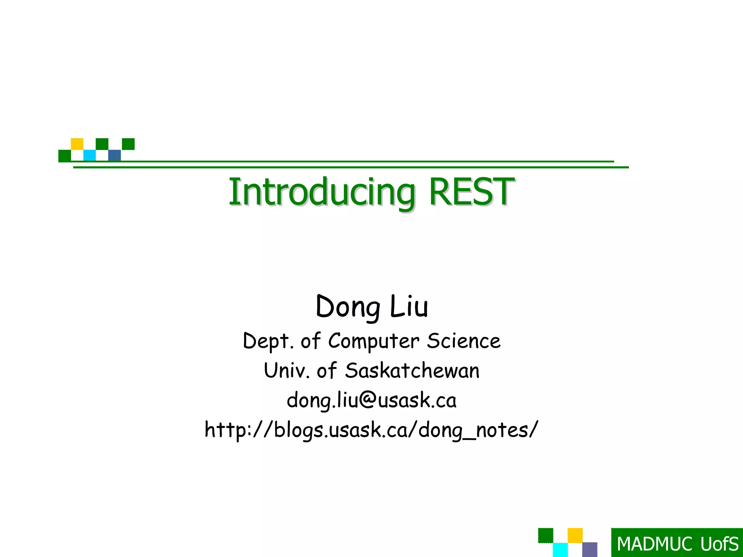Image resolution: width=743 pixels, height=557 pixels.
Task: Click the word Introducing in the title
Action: coord(321,192)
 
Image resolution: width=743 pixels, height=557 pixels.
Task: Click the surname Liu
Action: coord(409,307)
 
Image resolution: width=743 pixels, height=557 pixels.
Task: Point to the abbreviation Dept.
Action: coord(268,341)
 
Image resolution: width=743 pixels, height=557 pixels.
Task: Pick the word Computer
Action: coord(374,341)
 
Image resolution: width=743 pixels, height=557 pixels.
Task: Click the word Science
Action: coord(464,341)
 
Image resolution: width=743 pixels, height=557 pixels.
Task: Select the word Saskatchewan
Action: coord(412,371)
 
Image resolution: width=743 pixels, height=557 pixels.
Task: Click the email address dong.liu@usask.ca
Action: coord(371,400)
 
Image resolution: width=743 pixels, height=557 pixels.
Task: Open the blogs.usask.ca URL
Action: coord(371,430)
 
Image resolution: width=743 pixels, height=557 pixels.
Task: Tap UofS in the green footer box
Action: coord(719,544)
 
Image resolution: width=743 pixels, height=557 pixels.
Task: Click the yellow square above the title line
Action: coord(77,144)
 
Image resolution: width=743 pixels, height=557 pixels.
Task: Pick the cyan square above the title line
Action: coord(90,155)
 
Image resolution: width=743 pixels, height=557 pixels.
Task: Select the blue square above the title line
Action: coord(115,155)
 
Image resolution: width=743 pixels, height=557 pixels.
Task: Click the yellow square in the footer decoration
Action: coord(575,535)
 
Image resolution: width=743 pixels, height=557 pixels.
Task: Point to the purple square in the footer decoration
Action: coord(590,549)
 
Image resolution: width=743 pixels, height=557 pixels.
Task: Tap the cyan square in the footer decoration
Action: coord(560,550)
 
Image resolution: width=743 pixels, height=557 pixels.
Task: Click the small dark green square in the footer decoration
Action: coord(545,535)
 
